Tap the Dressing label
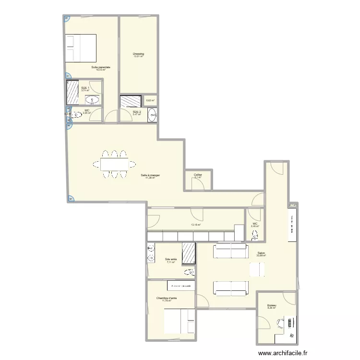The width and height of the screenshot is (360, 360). tap(138, 54)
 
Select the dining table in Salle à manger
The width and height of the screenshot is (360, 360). tap(114, 165)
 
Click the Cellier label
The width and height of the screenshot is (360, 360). tap(198, 175)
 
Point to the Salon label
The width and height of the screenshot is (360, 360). tap(261, 253)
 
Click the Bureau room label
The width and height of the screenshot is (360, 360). tap(272, 305)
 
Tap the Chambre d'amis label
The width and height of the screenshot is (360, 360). tap(166, 298)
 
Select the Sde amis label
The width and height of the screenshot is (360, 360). tap(170, 260)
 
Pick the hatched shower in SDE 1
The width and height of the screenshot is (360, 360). tap(72, 92)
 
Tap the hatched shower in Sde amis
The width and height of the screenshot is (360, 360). tap(189, 253)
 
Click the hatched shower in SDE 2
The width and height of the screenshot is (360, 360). tap(130, 101)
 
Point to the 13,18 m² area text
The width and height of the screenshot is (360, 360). tap(196, 224)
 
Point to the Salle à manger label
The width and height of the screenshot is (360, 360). tap(150, 175)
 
